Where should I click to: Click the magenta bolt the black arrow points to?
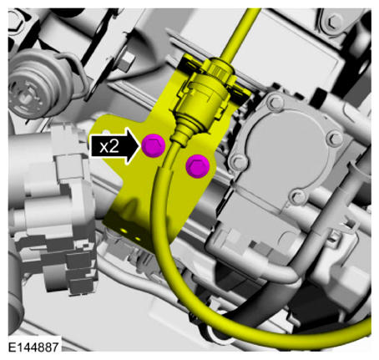[x=154, y=145]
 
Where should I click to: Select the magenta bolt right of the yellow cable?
[x=198, y=166]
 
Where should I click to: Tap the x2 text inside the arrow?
[x=109, y=146]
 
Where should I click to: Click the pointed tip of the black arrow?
[x=140, y=145]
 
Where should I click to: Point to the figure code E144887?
[x=33, y=347]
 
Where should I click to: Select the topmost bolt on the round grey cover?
[x=276, y=103]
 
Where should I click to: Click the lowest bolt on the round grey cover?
[x=299, y=197]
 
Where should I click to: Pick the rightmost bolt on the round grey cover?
[x=335, y=138]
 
